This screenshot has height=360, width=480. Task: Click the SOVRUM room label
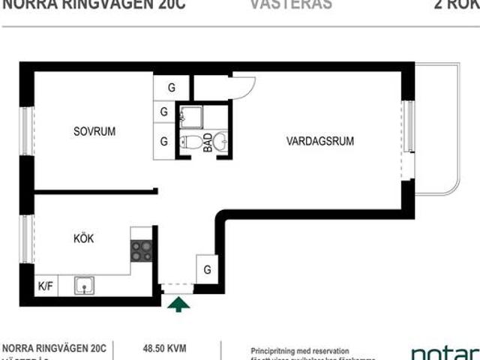pos(94,131)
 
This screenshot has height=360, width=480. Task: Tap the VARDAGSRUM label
pos(319,140)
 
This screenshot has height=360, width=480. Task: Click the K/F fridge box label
pos(46,286)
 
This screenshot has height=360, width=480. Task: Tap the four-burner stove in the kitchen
pos(142,250)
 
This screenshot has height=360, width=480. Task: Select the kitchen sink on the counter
pos(84,285)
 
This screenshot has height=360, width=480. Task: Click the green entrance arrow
pos(178,304)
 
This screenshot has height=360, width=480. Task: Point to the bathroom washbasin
pos(220,140)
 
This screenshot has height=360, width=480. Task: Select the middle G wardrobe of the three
pos(163,113)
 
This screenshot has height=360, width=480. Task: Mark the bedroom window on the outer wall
pos(27,131)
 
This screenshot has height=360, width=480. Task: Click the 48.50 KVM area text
pos(164,348)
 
